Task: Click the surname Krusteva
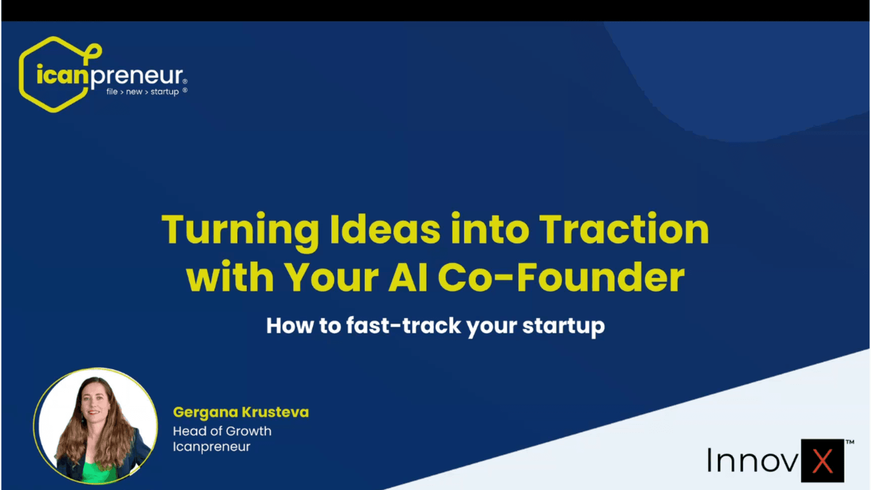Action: (x=275, y=412)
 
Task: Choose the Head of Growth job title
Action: (x=222, y=431)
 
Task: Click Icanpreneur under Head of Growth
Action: (x=211, y=447)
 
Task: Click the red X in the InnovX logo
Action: (x=822, y=461)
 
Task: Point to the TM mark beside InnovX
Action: (x=850, y=442)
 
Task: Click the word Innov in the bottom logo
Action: (x=753, y=460)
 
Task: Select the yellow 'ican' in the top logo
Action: (x=63, y=74)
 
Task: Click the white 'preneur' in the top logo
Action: (x=137, y=76)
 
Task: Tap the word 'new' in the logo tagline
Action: (x=134, y=92)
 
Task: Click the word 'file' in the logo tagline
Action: (x=112, y=91)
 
